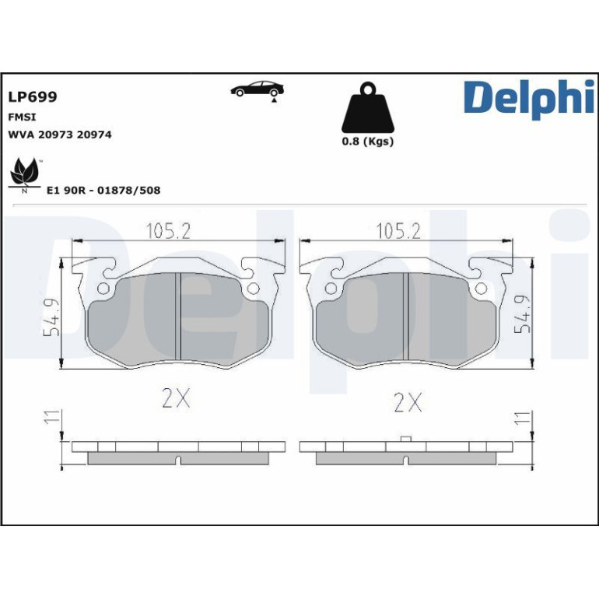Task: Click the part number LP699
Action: click(33, 97)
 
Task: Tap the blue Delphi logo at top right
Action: click(530, 100)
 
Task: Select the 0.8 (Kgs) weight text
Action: click(367, 142)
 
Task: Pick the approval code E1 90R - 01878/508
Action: click(103, 191)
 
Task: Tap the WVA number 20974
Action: click(94, 135)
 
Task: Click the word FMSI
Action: click(22, 117)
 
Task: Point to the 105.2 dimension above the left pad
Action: click(168, 231)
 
